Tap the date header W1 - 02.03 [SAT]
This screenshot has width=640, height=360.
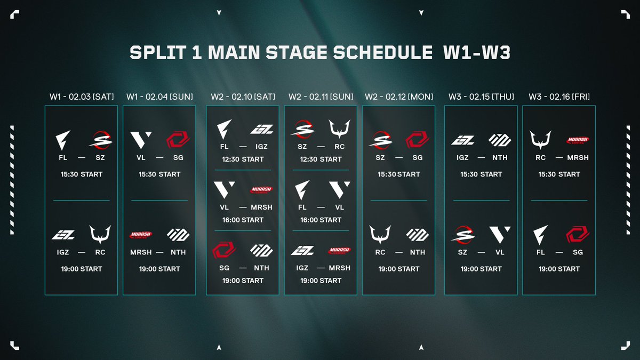click(x=82, y=97)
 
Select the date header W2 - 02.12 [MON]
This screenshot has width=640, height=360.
click(x=399, y=97)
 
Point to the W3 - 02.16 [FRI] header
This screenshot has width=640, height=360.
click(x=559, y=97)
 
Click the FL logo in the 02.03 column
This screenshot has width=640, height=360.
click(x=63, y=140)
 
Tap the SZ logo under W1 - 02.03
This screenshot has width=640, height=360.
click(x=100, y=140)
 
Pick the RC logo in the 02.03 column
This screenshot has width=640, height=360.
click(x=100, y=234)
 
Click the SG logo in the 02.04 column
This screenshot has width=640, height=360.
click(x=178, y=140)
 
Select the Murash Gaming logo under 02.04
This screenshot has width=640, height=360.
click(x=141, y=235)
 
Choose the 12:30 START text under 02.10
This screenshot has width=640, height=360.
click(x=243, y=159)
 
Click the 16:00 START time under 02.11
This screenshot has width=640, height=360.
click(x=321, y=220)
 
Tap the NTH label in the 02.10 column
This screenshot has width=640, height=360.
click(x=261, y=268)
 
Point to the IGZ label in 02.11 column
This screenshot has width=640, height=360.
click(x=302, y=268)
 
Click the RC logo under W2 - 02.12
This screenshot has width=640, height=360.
click(x=380, y=234)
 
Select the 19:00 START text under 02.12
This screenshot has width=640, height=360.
click(x=399, y=269)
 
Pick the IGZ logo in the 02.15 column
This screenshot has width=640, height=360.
click(x=462, y=140)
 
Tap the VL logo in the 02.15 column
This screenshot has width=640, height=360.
click(x=500, y=235)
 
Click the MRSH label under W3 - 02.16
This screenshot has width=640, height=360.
click(x=578, y=157)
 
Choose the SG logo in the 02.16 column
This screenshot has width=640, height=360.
click(x=578, y=235)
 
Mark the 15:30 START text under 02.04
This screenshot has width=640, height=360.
click(x=159, y=174)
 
